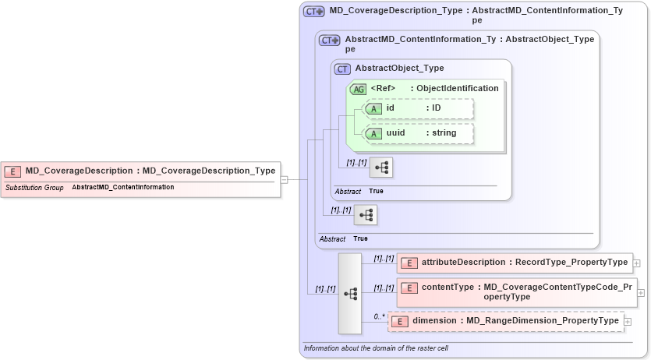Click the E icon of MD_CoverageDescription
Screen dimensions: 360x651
12,171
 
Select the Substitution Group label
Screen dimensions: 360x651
34,188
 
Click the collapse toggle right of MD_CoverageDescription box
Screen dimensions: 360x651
285,179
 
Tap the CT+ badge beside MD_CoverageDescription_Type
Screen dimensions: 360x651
314,12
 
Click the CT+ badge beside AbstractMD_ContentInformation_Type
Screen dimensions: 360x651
330,40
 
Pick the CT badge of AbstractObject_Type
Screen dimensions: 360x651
342,69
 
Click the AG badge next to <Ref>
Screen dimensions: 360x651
359,89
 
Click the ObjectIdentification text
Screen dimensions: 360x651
457,89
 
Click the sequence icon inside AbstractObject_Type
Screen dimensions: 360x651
381,168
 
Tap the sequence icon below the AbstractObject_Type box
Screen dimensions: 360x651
365,215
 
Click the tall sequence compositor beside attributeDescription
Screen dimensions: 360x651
350,293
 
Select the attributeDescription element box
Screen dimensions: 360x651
515,263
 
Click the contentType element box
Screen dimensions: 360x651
516,292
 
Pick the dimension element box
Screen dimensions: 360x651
504,321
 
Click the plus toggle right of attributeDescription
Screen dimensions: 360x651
637,263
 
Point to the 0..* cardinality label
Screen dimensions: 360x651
379,316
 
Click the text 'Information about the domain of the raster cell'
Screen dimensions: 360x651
376,348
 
